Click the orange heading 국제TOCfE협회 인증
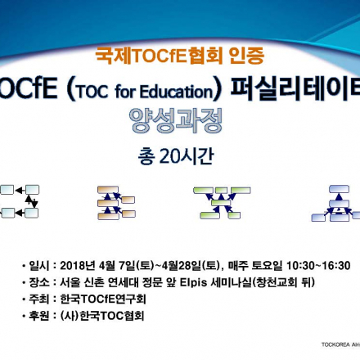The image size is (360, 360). pos(180,59)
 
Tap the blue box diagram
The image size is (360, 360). pos(337,201)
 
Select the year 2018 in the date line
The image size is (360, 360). pos(74,266)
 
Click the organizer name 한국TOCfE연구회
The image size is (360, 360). pos(102,299)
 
